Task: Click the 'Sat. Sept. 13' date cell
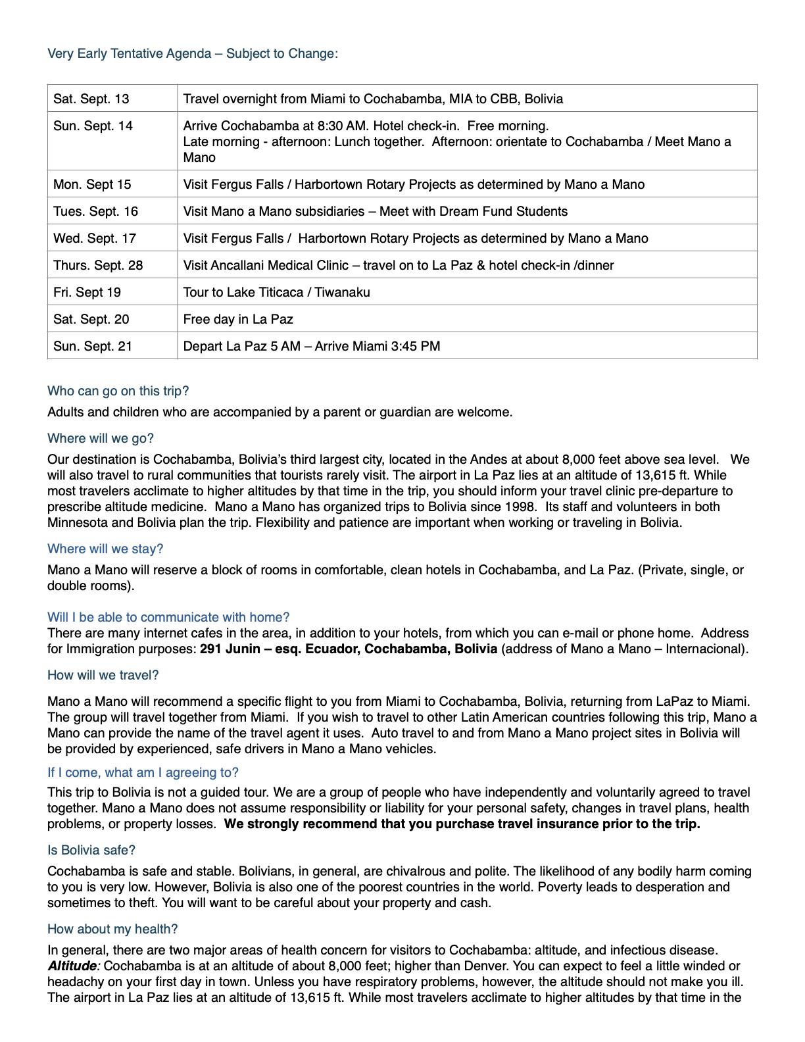91,99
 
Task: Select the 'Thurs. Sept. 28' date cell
98,265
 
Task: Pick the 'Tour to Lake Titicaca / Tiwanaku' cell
276,292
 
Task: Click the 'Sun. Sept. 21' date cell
93,346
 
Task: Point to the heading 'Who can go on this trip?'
118,391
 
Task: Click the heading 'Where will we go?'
101,438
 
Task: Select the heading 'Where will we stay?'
105,549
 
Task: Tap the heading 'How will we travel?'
103,675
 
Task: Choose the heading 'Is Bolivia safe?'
91,850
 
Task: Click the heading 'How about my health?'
112,929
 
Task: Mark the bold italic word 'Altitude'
72,966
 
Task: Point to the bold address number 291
211,649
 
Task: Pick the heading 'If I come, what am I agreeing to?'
143,772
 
